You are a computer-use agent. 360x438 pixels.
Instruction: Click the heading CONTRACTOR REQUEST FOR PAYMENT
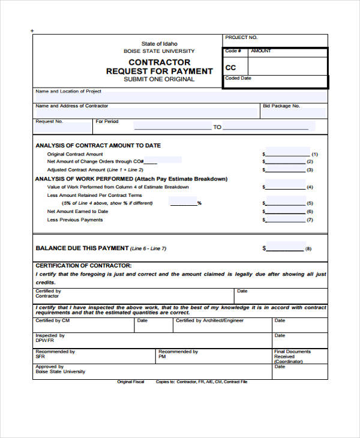pyautogui.click(x=159, y=67)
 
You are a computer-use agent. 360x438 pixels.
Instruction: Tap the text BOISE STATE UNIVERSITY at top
pyautogui.click(x=159, y=52)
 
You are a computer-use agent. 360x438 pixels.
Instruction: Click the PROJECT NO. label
pyautogui.click(x=241, y=38)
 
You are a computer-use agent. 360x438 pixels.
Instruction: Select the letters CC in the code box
pyautogui.click(x=230, y=68)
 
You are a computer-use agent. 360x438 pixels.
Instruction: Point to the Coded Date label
pyautogui.click(x=238, y=79)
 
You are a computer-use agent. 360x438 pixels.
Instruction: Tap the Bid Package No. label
pyautogui.click(x=281, y=106)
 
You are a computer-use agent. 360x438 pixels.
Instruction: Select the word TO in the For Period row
pyautogui.click(x=217, y=127)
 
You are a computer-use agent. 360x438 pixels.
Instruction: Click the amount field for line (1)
pyautogui.click(x=287, y=153)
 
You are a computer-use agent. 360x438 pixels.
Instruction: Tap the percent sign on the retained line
pyautogui.click(x=199, y=203)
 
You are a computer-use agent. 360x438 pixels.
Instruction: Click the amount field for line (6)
pyautogui.click(x=287, y=211)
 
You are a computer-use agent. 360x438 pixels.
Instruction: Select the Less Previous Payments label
pyautogui.click(x=75, y=220)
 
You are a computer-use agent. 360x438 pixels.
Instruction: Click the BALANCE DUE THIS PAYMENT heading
pyautogui.click(x=82, y=248)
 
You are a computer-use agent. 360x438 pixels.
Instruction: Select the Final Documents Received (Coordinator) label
pyautogui.click(x=292, y=356)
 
